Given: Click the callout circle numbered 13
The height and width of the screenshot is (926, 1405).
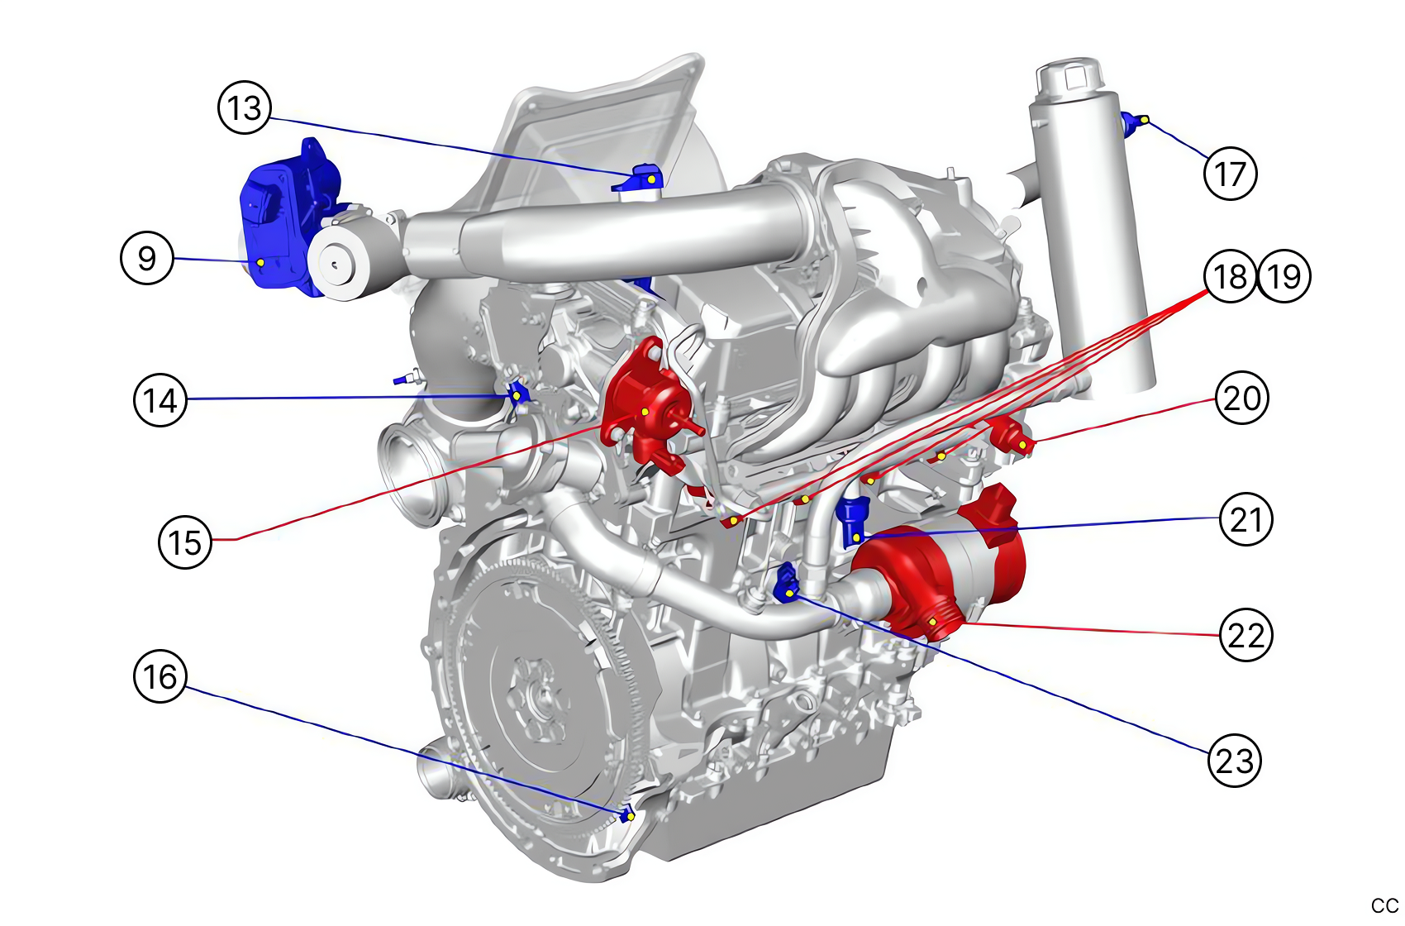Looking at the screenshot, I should pyautogui.click(x=245, y=107).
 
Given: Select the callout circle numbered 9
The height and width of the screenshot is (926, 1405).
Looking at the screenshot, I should pyautogui.click(x=147, y=258).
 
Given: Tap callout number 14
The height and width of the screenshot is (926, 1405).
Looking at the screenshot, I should pyautogui.click(x=160, y=400).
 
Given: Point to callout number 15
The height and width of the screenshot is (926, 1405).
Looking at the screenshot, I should pyautogui.click(x=185, y=542).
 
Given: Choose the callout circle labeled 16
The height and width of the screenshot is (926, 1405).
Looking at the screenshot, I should pyautogui.click(x=160, y=676).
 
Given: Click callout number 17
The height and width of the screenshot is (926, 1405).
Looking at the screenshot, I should pyautogui.click(x=1231, y=174).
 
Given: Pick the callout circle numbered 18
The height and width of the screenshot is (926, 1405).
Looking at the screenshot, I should pyautogui.click(x=1231, y=276).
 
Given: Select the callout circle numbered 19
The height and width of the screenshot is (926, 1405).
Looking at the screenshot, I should pyautogui.click(x=1284, y=276).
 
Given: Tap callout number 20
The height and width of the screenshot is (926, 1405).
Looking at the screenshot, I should pyautogui.click(x=1242, y=398).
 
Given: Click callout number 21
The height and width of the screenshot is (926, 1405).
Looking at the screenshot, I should pyautogui.click(x=1246, y=519).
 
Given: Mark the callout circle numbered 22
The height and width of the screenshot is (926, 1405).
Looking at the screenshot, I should pyautogui.click(x=1246, y=635).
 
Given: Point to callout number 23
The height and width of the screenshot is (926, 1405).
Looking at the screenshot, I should pyautogui.click(x=1235, y=760).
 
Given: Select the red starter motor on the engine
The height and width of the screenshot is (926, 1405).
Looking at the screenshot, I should pyautogui.click(x=950, y=570).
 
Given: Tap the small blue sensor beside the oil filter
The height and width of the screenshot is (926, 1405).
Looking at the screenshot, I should pyautogui.click(x=1131, y=123).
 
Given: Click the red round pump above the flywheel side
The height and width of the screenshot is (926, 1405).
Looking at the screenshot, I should pyautogui.click(x=645, y=405).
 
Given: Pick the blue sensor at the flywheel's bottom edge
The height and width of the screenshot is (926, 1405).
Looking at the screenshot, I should pyautogui.click(x=627, y=814).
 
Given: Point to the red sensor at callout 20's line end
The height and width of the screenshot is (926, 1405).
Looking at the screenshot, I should pyautogui.click(x=1013, y=437).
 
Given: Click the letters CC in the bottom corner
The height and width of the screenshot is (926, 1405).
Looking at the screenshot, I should pyautogui.click(x=1384, y=906).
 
